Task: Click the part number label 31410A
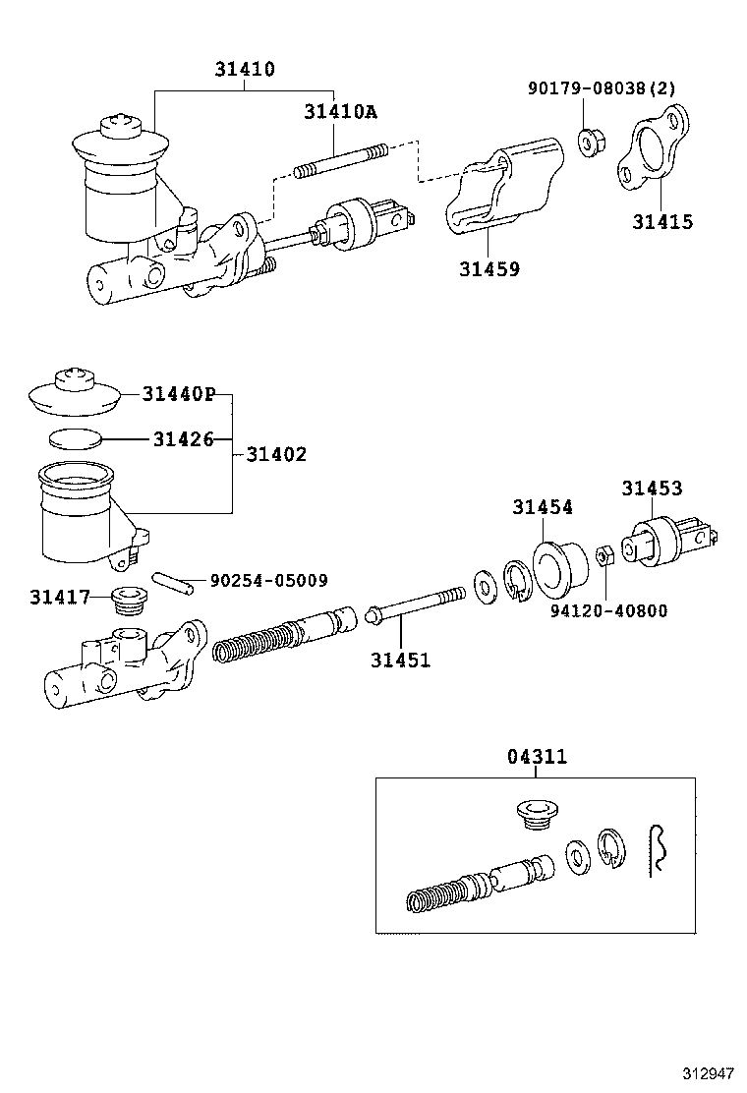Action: (x=340, y=112)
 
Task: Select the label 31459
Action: (x=488, y=268)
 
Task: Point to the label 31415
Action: (x=661, y=222)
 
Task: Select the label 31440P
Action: (x=178, y=394)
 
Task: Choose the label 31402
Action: (x=275, y=454)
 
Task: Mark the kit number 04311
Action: (x=537, y=758)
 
